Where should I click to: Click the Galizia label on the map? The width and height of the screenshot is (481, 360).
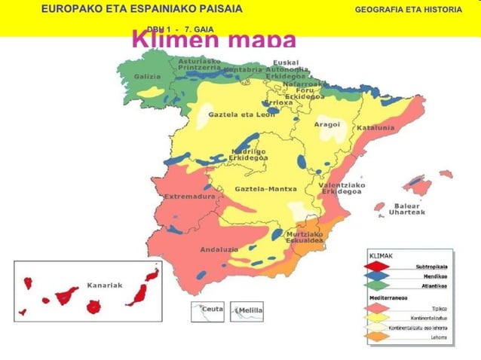click(x=147, y=77)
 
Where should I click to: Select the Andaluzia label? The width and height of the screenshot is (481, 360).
click(x=219, y=249)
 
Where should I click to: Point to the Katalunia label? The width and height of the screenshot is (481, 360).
click(x=375, y=127)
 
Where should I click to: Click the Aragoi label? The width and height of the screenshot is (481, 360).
click(x=327, y=124)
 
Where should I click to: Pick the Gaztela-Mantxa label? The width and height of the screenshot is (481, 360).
click(x=266, y=188)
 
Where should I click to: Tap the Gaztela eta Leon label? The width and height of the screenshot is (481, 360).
click(x=241, y=114)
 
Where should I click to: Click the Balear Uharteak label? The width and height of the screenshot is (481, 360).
click(x=406, y=209)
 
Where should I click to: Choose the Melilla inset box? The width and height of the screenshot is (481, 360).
click(x=247, y=311)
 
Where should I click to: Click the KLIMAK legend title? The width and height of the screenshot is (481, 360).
click(x=380, y=255)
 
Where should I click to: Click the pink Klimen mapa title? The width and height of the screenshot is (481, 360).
click(x=213, y=40)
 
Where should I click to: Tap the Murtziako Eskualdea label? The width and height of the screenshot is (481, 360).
click(x=305, y=237)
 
